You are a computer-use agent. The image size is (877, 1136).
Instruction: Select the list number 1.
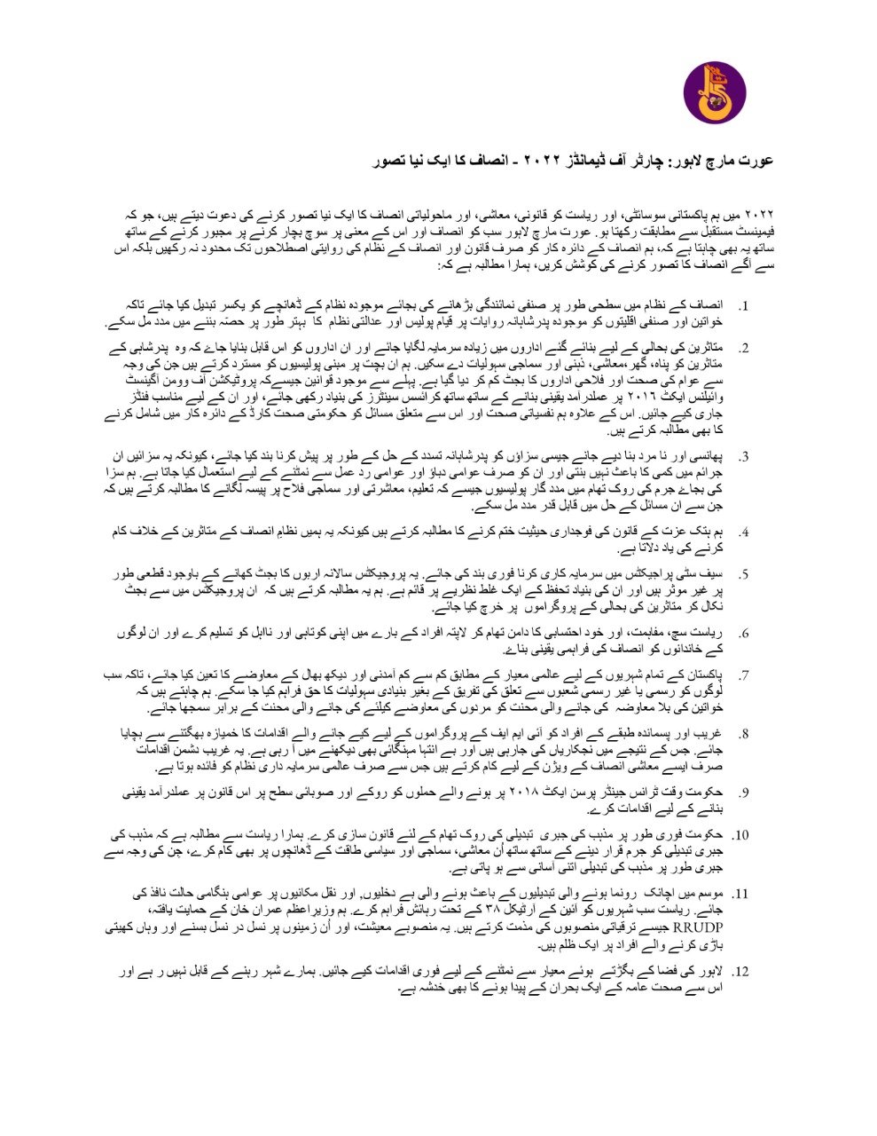[x=743, y=307]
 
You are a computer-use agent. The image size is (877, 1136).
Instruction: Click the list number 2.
[x=743, y=348]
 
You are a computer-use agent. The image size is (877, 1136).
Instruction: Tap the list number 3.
[x=743, y=457]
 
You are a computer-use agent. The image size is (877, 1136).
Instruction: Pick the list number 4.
[x=743, y=533]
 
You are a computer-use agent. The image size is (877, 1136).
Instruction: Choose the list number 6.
[x=743, y=634]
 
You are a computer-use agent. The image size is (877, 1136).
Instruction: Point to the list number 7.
[x=743, y=675]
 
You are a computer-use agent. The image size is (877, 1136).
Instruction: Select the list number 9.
[x=743, y=793]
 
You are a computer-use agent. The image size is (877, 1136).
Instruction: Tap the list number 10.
[x=740, y=835]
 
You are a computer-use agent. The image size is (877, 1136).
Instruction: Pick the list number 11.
[x=740, y=894]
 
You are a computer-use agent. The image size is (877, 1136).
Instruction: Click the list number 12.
[x=740, y=971]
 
